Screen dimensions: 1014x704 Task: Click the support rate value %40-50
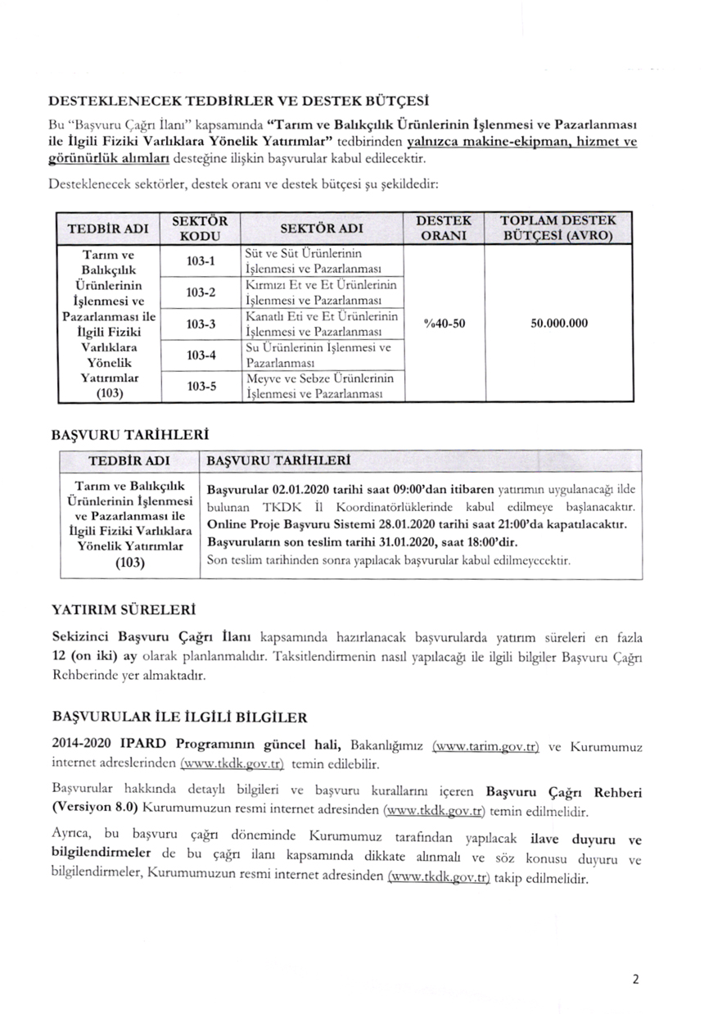(445, 324)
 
